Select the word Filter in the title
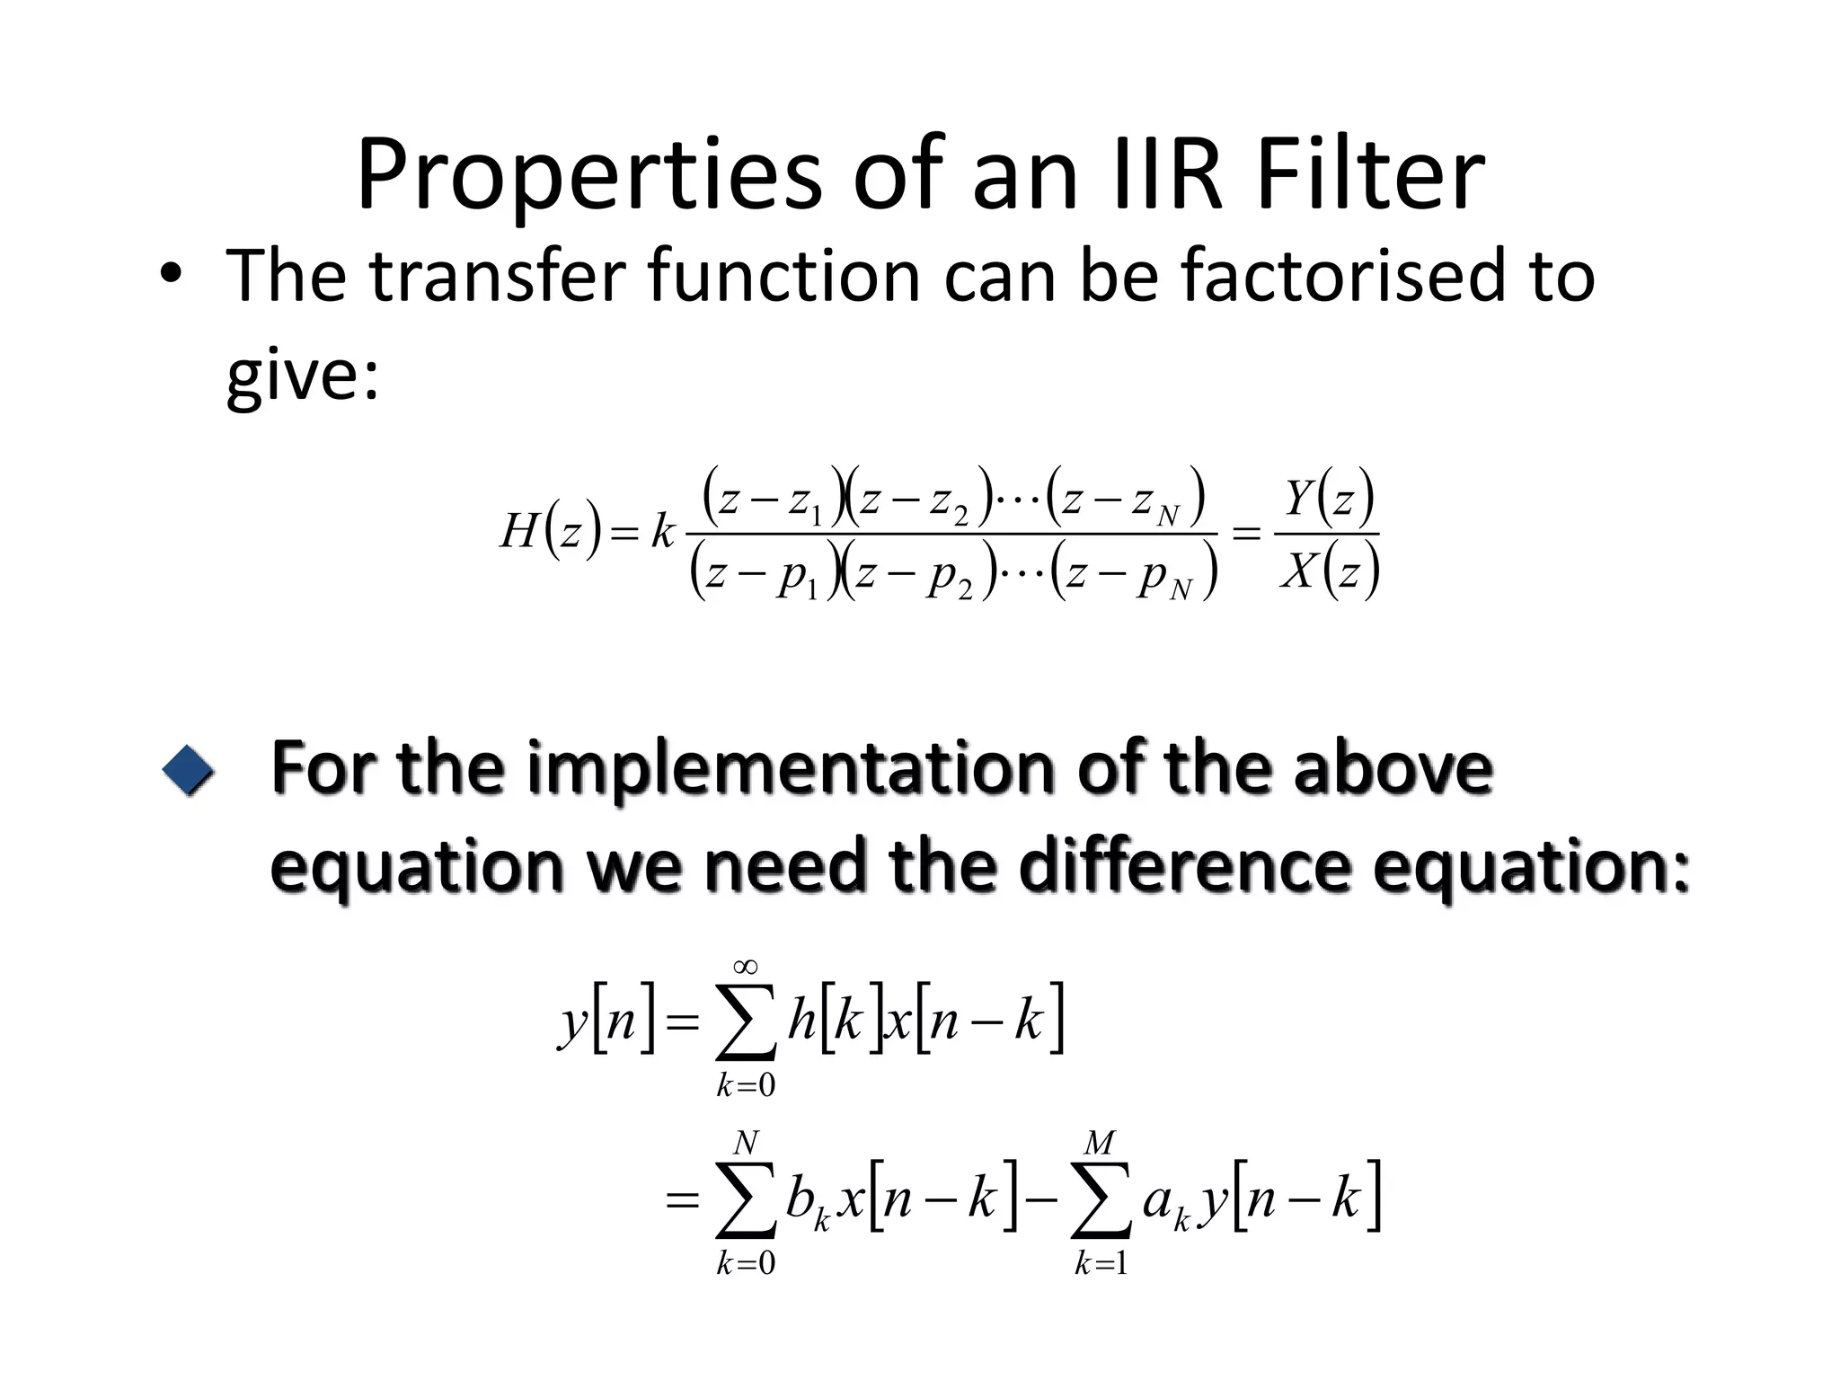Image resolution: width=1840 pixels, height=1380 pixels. coord(1370,175)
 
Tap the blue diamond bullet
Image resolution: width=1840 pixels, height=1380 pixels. coord(189,770)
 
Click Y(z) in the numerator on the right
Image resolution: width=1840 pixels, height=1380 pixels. coord(1329,498)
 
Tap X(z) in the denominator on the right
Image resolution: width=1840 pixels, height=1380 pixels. coord(1329,570)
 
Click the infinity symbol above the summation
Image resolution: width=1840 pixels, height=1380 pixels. coord(745,967)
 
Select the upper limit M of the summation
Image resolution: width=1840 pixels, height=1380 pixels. coord(1099,1143)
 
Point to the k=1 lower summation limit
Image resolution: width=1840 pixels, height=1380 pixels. coord(1100,1264)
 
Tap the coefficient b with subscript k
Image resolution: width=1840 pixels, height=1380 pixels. coord(807,1202)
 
